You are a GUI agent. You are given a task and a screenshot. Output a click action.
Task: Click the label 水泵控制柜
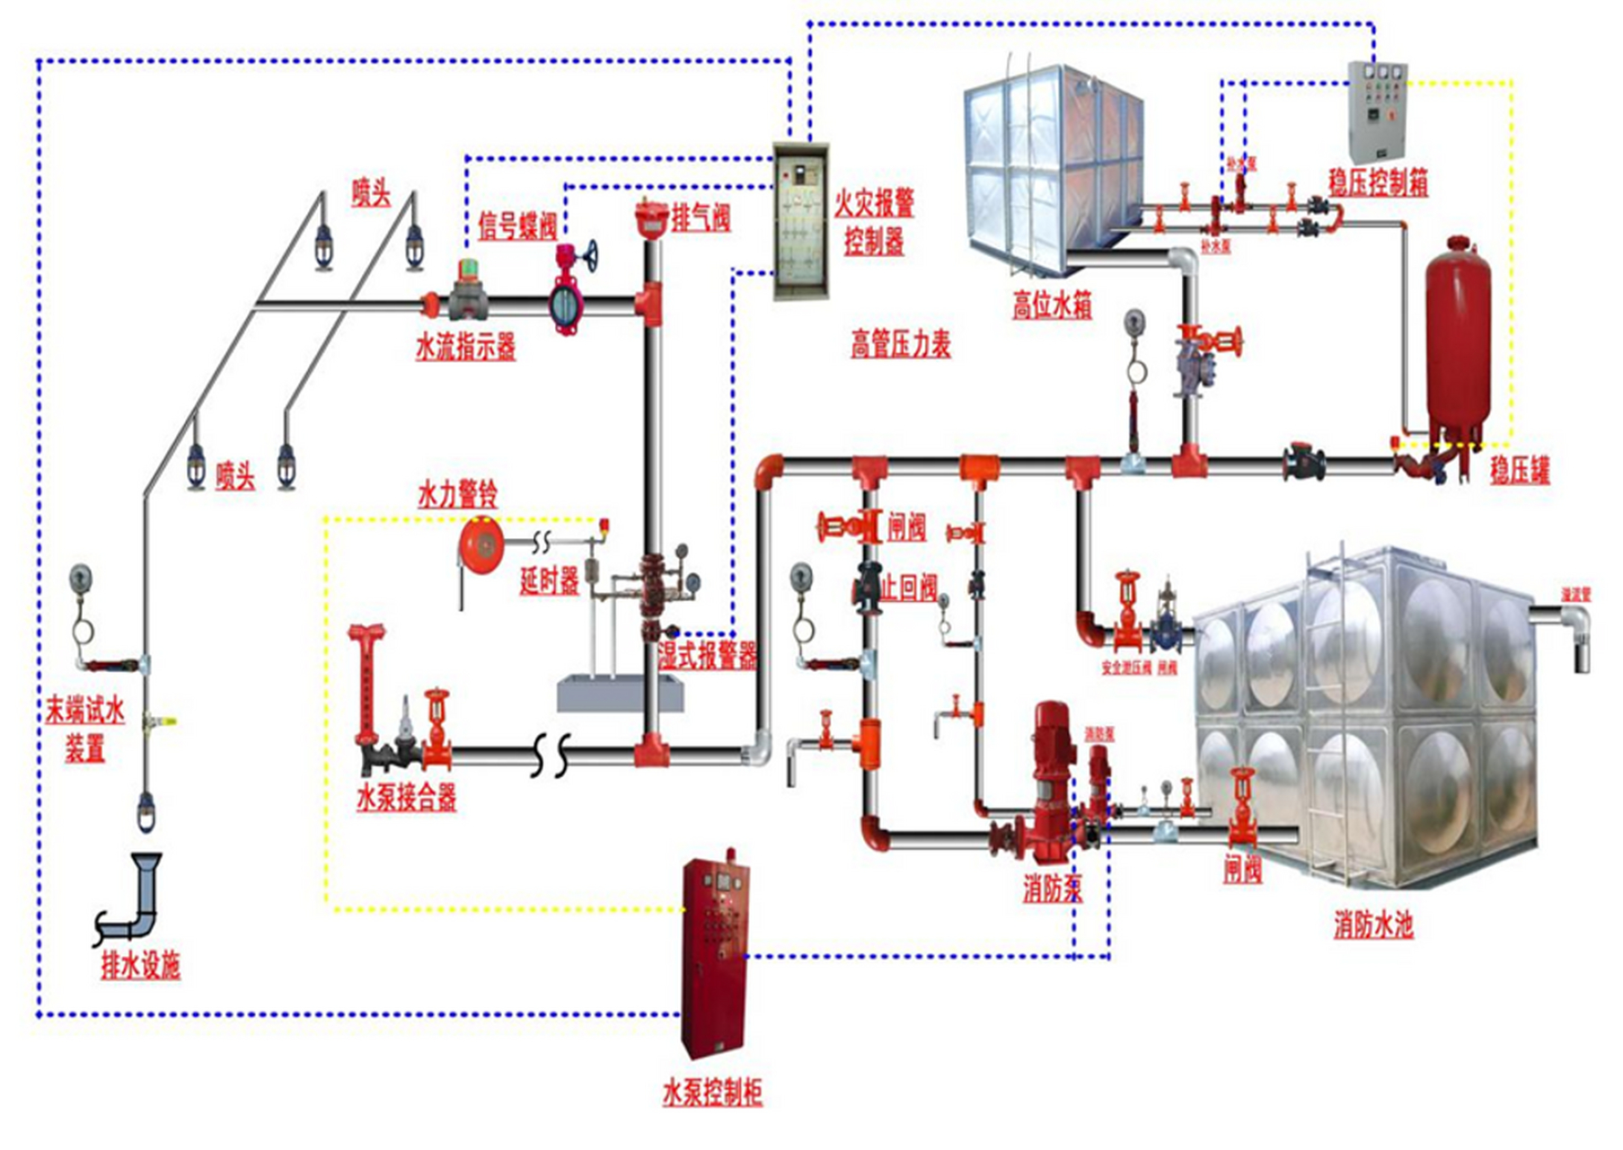tap(712, 1092)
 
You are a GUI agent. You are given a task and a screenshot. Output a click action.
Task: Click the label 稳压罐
tap(1520, 469)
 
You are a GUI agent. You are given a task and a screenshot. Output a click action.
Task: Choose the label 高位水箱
tap(1052, 305)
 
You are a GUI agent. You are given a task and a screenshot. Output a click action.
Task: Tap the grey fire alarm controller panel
tap(801, 221)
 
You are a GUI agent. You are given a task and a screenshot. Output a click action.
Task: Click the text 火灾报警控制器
tap(874, 221)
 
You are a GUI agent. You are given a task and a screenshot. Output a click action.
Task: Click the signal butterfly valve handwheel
tap(589, 255)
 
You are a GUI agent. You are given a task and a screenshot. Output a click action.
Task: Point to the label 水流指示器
tap(465, 347)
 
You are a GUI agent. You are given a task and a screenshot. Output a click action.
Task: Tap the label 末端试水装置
tap(85, 730)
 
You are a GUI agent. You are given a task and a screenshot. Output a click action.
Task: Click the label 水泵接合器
tap(406, 796)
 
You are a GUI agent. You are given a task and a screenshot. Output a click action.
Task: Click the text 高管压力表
tap(901, 343)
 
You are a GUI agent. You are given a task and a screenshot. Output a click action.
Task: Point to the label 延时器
tap(549, 580)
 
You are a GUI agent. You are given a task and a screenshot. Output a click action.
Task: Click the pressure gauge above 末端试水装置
tap(81, 579)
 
